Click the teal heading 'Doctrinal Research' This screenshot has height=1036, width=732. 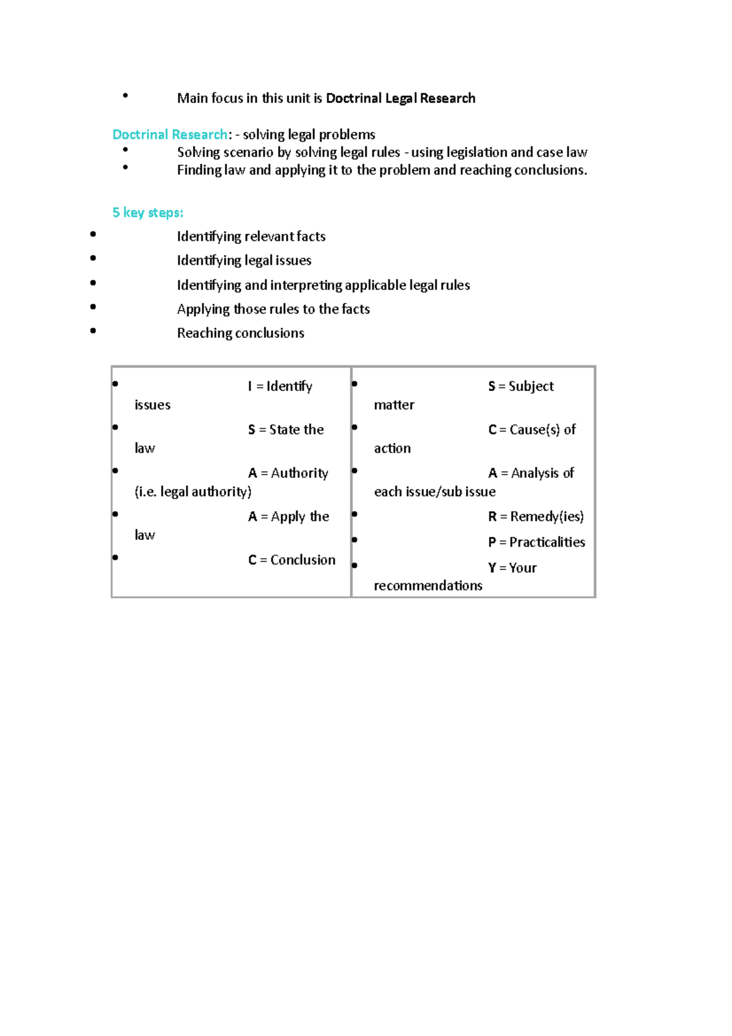[x=170, y=134]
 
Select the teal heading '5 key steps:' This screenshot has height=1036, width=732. [x=148, y=212]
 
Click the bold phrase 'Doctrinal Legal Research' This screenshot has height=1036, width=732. [x=400, y=98]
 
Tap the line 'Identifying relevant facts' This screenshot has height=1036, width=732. [x=251, y=236]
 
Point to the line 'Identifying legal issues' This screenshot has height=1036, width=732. [x=244, y=261]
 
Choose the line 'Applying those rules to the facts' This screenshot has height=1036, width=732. [x=273, y=309]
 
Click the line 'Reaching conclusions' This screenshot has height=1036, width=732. [x=240, y=333]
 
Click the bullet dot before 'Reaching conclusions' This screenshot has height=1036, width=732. [x=93, y=331]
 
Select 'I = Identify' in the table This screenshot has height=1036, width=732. [x=280, y=386]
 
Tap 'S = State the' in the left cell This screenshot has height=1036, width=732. [x=285, y=430]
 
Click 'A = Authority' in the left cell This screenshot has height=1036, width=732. [x=288, y=473]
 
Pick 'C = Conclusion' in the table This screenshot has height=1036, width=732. [x=292, y=559]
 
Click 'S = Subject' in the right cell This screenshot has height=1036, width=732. [x=520, y=386]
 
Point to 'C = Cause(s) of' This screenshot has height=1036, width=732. [x=532, y=430]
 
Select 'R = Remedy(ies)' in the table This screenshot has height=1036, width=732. [x=536, y=517]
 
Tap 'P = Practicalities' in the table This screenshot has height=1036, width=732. [x=536, y=542]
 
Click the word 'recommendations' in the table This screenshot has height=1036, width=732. [x=428, y=586]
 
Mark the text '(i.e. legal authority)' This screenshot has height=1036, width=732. [x=193, y=492]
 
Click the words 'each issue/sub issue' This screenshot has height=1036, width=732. [x=434, y=492]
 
